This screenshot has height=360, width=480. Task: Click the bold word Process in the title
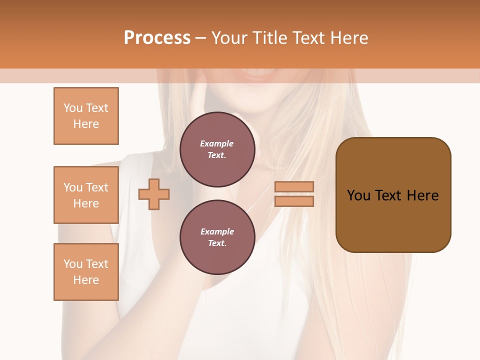click(x=157, y=37)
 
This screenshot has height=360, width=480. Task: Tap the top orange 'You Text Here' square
click(x=86, y=116)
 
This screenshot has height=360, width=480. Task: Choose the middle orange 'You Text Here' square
click(x=86, y=195)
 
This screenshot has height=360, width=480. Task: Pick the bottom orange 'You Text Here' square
click(x=86, y=272)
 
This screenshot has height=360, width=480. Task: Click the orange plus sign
click(x=154, y=194)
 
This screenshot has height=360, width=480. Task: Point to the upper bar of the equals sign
click(x=294, y=186)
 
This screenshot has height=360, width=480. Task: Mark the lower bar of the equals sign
click(x=294, y=201)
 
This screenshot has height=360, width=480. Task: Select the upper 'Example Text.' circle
click(x=217, y=149)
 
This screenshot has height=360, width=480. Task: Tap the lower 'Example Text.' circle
click(x=217, y=237)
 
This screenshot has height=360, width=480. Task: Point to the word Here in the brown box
click(x=422, y=195)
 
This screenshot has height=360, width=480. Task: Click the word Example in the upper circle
click(x=217, y=143)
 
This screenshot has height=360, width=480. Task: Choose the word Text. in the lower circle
click(x=217, y=243)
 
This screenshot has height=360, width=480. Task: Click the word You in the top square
click(x=73, y=108)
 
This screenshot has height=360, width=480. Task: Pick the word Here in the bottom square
click(x=86, y=280)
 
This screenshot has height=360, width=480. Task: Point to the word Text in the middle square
click(x=96, y=187)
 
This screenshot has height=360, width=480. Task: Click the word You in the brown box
click(x=358, y=195)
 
